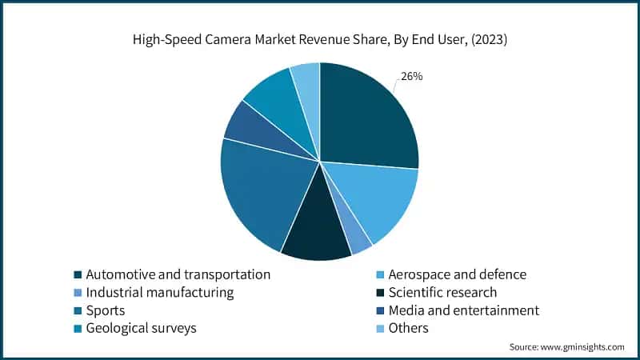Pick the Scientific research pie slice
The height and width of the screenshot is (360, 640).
click(x=316, y=236)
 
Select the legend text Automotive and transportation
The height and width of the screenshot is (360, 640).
click(x=178, y=274)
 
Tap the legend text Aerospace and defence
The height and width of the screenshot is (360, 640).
click(x=457, y=274)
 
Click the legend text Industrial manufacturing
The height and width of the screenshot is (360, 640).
click(x=159, y=292)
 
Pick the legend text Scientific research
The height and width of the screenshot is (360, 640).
click(x=442, y=292)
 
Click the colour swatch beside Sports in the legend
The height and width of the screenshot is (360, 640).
click(x=77, y=310)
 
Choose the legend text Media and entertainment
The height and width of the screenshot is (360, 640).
click(x=463, y=310)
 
